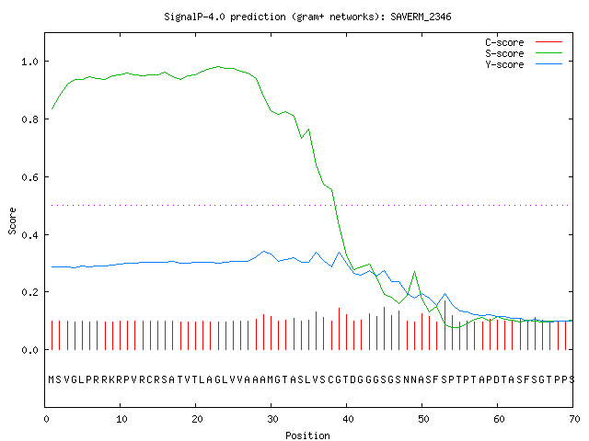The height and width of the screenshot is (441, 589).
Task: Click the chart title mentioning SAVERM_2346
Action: click(x=307, y=17)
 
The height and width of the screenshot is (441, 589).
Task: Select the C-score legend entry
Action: click(x=524, y=42)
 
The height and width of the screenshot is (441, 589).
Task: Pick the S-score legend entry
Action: click(x=524, y=53)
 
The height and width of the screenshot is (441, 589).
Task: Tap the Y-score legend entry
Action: click(x=524, y=64)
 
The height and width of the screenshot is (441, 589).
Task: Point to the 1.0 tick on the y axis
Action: click(x=29, y=62)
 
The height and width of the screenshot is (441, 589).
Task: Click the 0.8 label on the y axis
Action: click(x=29, y=119)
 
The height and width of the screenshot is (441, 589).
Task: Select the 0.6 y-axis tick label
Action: click(x=29, y=177)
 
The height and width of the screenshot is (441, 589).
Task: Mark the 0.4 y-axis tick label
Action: click(x=29, y=235)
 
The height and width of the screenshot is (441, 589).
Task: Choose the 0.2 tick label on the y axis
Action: click(x=29, y=292)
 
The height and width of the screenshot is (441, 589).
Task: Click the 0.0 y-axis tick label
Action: click(x=29, y=350)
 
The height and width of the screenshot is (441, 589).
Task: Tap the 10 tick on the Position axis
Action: click(x=121, y=419)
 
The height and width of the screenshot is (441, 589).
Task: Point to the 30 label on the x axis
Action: click(x=272, y=419)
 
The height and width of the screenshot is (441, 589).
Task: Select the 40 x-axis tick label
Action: click(x=348, y=419)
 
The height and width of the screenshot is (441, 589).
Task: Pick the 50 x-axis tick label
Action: click(x=423, y=419)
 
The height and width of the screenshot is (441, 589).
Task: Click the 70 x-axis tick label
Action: click(x=574, y=419)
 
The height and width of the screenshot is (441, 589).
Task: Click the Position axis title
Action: click(x=307, y=435)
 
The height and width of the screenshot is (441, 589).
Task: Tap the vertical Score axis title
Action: click(x=12, y=220)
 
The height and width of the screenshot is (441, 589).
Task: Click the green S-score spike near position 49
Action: click(x=415, y=272)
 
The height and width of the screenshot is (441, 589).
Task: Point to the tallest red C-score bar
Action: click(x=445, y=324)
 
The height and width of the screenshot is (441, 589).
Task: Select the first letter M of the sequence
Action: click(x=52, y=379)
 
